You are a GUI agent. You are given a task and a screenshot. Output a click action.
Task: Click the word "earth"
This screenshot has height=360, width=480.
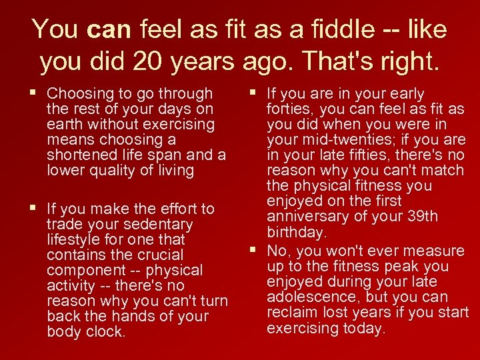[x=65, y=124]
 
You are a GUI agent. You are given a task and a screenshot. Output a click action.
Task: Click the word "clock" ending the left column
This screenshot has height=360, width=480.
[x=106, y=332]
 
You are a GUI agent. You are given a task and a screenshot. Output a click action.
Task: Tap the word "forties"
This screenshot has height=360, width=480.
[x=290, y=109]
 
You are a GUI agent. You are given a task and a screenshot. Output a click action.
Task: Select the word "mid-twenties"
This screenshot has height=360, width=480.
[x=335, y=140]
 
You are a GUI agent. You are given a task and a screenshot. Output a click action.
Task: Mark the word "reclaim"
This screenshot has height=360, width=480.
[x=291, y=313]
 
